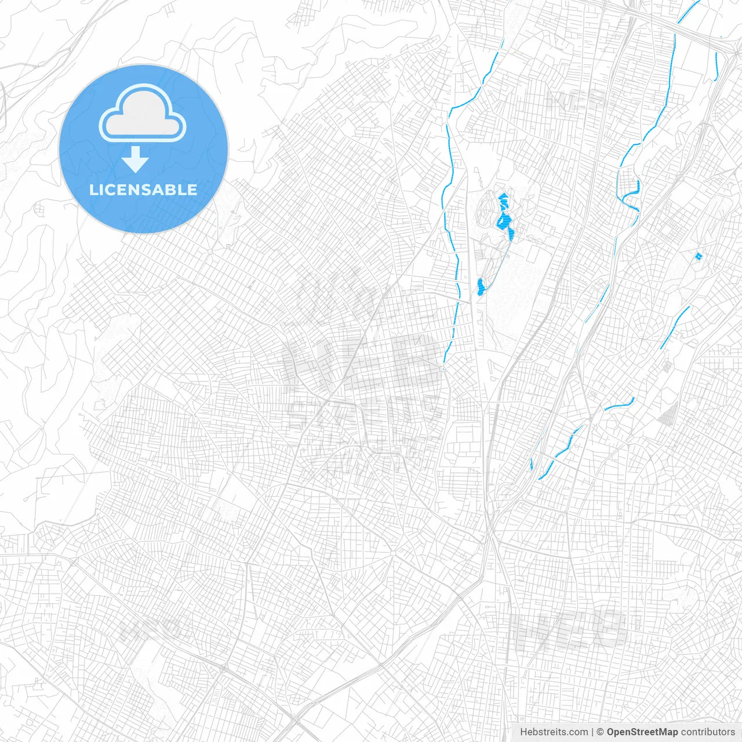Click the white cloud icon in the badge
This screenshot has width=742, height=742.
coord(143,116)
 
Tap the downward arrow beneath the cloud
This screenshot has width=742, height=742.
coord(135,159)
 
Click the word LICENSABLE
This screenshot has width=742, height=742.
coord(143,190)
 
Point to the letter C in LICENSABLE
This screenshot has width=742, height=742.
coord(115,190)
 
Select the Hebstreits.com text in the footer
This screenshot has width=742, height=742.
coord(554,732)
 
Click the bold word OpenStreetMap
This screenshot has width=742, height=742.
coord(642,732)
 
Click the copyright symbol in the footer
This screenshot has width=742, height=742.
coord(601,732)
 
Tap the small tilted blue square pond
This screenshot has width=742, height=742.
coord(698,256)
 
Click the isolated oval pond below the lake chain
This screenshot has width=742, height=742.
coord(481,286)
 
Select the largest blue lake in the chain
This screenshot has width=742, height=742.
coord(504,220)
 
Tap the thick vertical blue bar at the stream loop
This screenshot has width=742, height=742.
coord(638,186)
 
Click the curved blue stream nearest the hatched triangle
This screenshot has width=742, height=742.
coord(619,403)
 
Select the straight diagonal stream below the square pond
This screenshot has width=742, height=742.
coord(674,328)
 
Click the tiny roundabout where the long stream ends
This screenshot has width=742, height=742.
coord(443,369)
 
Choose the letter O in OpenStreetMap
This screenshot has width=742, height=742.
coord(611,732)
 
